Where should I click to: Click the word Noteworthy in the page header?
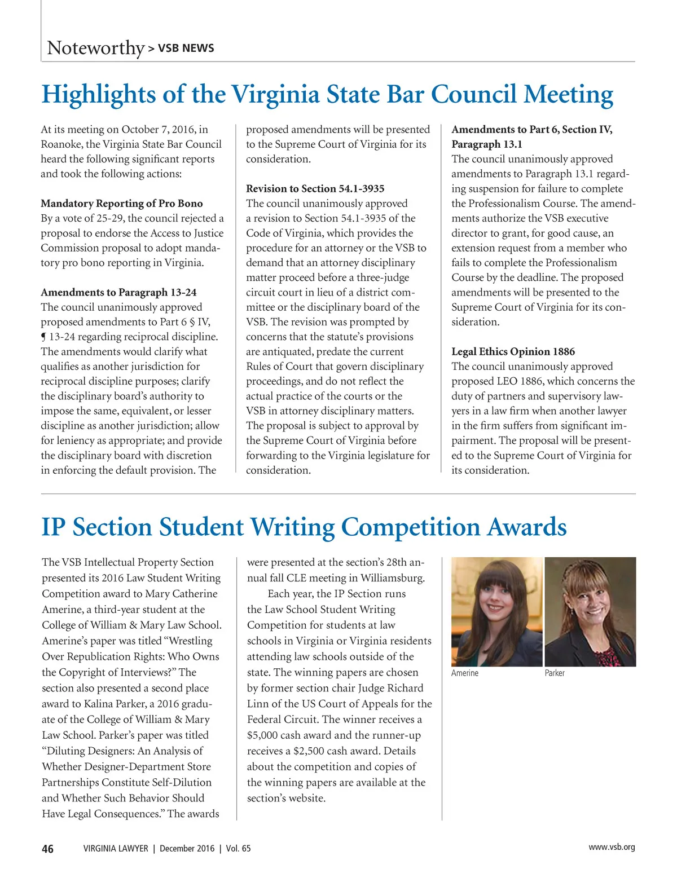coord(96,48)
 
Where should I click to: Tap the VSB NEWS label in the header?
coord(186,48)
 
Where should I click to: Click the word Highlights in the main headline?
coord(98,94)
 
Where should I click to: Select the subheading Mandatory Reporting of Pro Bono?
coord(121,204)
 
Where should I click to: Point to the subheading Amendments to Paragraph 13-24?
coord(118,293)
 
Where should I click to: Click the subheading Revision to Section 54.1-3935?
coord(315,189)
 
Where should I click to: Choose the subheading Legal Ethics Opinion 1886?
coord(513,352)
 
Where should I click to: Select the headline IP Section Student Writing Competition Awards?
coord(304,527)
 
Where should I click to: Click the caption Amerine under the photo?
coord(464,673)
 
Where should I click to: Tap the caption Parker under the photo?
coord(554,673)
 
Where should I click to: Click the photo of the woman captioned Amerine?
coord(496,611)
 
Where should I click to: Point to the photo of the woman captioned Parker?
coord(590,611)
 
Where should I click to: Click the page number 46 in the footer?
coord(48,849)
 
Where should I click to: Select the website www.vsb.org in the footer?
coord(612,847)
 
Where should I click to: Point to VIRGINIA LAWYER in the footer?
coord(116,849)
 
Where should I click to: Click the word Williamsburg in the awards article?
coord(393,578)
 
